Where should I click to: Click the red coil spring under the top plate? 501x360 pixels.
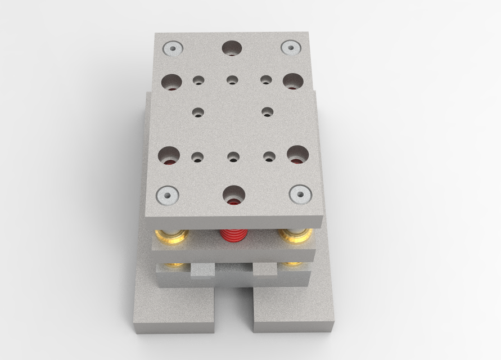233,235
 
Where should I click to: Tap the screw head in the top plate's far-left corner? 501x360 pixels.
171,49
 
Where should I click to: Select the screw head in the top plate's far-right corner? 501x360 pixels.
290,48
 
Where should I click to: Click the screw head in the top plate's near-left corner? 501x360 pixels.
166,195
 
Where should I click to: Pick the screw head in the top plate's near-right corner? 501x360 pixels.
300,195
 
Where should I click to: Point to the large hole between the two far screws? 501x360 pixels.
232,49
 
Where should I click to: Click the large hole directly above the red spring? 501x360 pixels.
234,195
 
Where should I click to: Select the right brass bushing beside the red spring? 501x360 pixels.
295,236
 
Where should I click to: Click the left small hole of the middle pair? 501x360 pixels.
198,112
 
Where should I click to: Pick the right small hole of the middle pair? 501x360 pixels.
268,112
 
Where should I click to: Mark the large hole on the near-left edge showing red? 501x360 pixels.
169,155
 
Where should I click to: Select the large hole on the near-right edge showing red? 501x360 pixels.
297,154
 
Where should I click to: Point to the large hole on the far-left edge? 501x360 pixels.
171,82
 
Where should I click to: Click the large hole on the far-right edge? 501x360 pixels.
292,82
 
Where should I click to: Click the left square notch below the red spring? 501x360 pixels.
202,271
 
